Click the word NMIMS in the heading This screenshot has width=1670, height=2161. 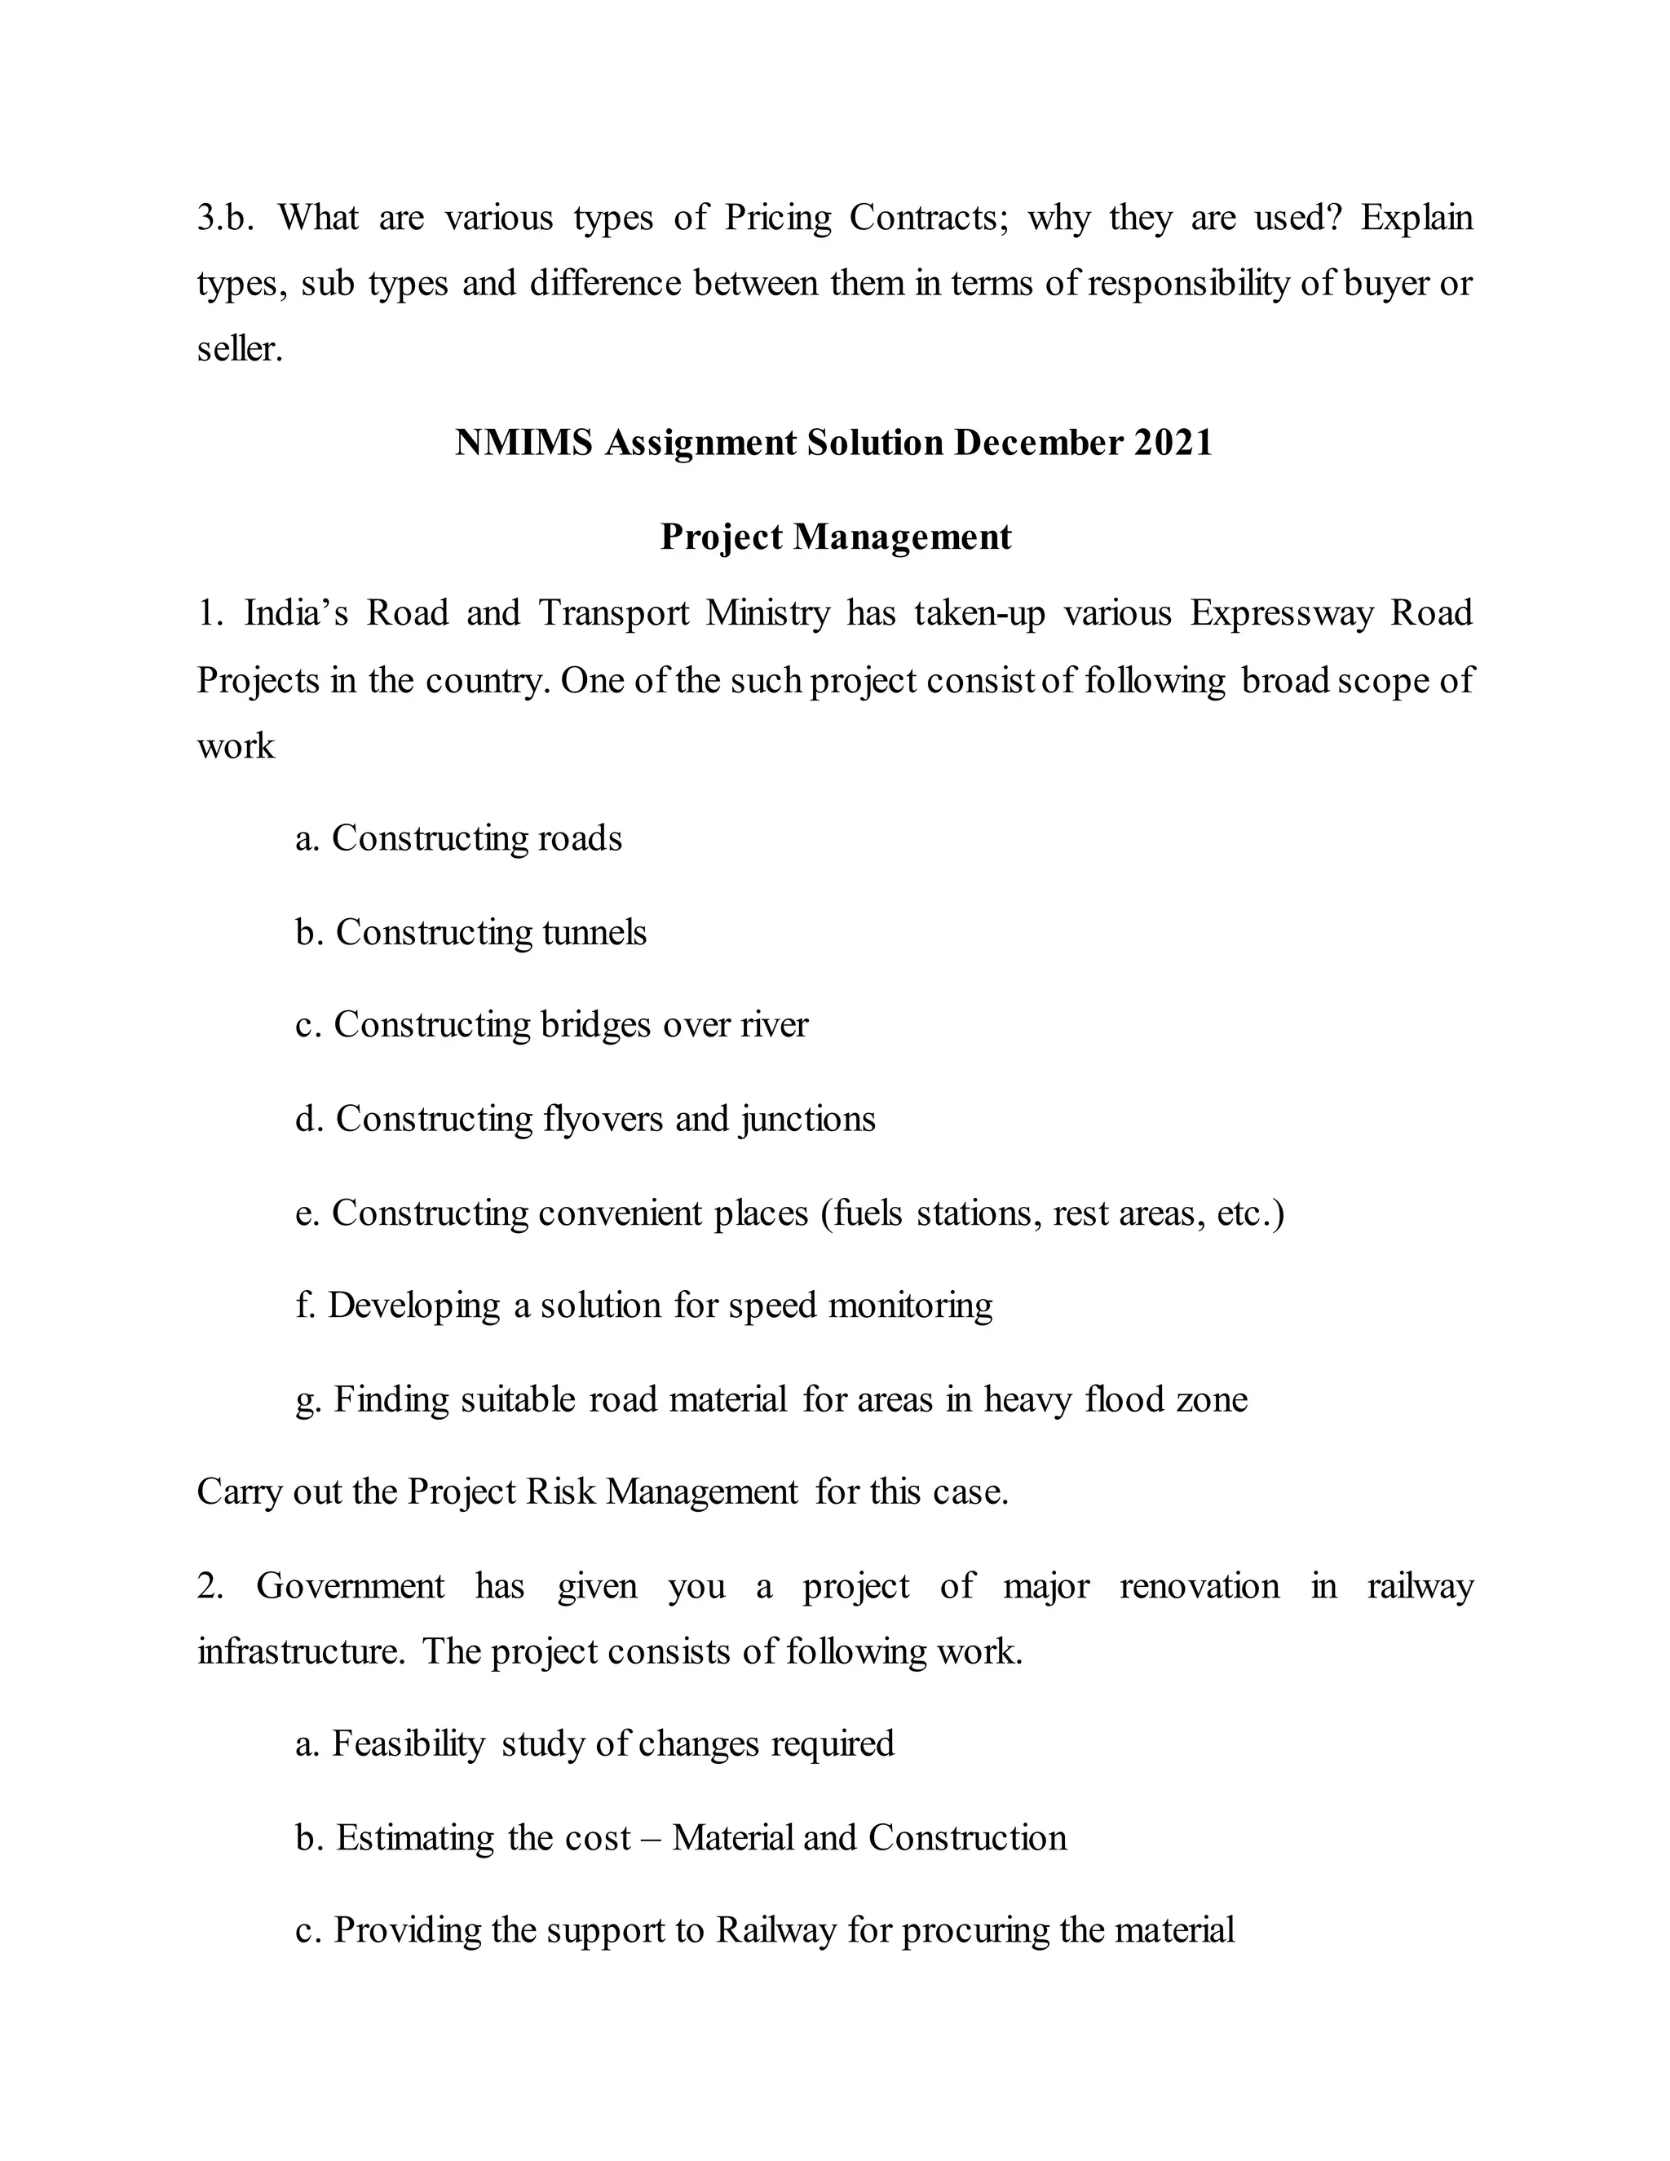coord(523,442)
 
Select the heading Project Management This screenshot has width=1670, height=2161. coord(835,537)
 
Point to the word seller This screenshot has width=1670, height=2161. coord(240,349)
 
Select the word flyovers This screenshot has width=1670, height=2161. coord(603,1119)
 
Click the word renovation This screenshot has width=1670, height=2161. coord(1198,1586)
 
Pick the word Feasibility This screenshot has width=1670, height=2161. coord(408,1743)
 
